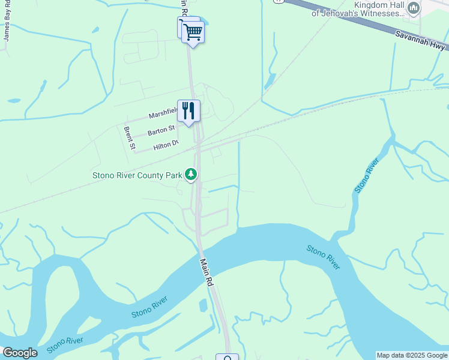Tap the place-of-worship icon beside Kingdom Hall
click(413, 8)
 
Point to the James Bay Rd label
click(7, 23)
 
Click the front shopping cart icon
click(193, 32)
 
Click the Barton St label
click(161, 129)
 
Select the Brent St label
click(129, 137)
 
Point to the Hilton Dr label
click(166, 145)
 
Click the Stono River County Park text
click(137, 175)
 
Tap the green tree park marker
click(191, 175)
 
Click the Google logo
click(19, 353)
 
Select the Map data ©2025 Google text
click(412, 355)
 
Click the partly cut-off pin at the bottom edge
click(227, 357)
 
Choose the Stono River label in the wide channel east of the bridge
click(323, 257)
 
